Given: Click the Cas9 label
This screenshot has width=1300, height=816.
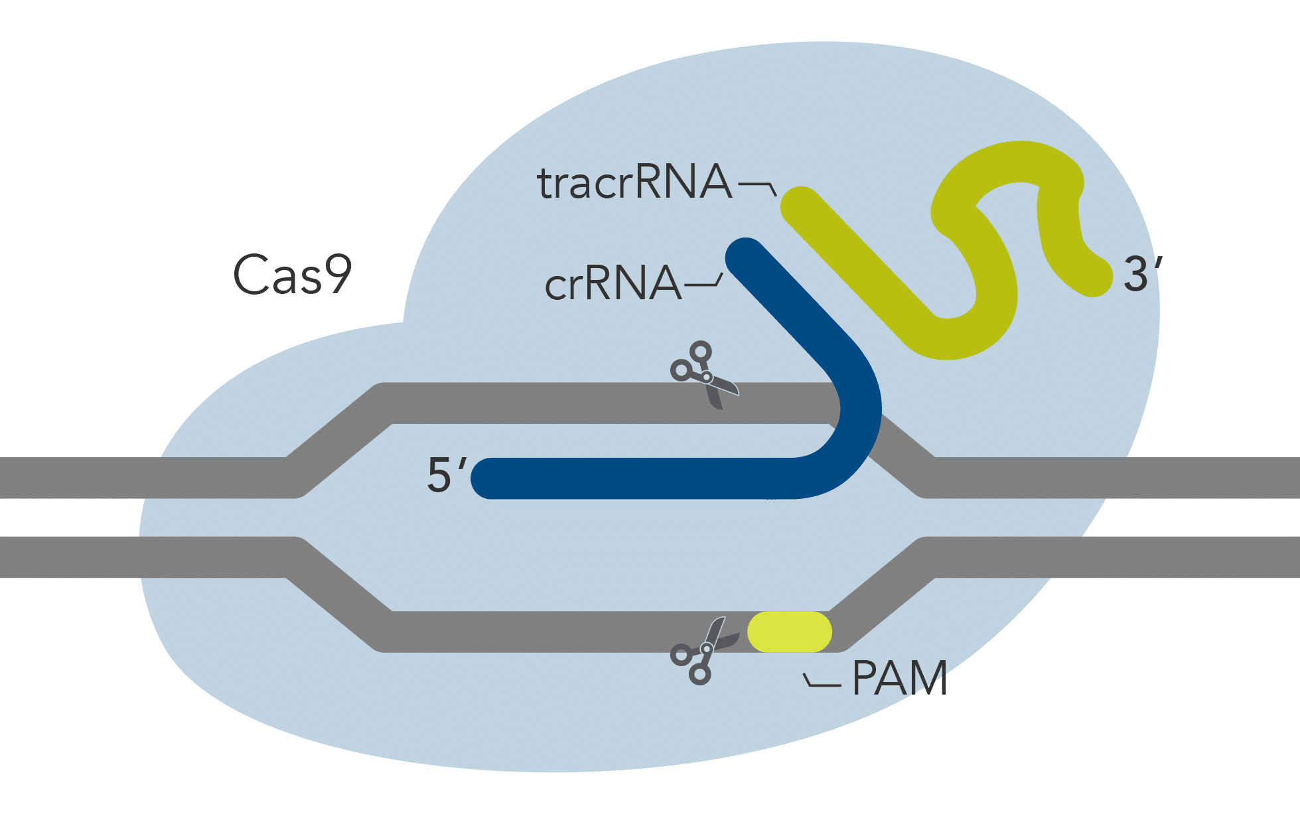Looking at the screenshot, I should tap(292, 274).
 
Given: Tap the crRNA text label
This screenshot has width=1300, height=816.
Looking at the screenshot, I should tap(613, 284).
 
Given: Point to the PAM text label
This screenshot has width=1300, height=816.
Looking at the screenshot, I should tap(899, 679).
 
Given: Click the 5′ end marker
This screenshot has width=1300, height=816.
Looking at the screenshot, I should tap(447, 475).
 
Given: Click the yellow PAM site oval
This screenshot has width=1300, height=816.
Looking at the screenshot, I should tap(790, 632).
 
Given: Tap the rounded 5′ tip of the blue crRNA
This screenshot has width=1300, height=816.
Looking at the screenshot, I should tap(490, 478).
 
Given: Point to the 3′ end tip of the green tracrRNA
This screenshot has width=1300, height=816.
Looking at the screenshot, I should tap(1093, 277).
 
